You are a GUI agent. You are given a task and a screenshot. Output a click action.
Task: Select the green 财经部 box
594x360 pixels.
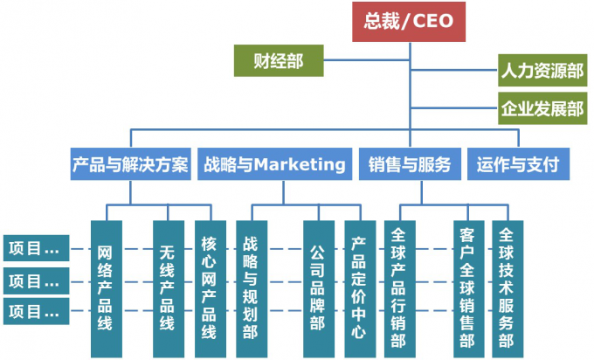point(279,61)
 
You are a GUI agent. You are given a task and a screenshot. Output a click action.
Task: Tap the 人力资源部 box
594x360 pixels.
point(542,70)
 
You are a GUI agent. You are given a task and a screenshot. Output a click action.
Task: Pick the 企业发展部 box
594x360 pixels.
point(542,109)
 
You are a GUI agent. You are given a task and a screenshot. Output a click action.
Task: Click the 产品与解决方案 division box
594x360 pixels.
point(130,163)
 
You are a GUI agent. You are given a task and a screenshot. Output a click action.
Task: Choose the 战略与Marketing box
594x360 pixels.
point(274,163)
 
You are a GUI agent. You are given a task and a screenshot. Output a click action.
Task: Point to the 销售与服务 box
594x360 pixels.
point(410,163)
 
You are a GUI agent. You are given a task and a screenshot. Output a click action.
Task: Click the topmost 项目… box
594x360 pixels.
point(34,248)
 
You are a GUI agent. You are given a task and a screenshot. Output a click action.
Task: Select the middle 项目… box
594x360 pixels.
point(34,280)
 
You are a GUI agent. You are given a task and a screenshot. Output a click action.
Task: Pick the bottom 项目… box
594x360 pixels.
point(34,310)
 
